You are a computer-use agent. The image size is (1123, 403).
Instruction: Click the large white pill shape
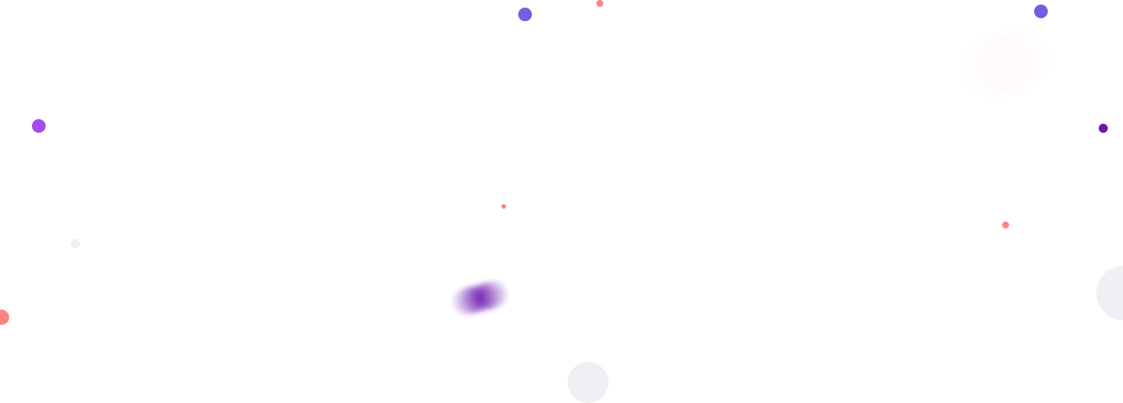[x=1006, y=63]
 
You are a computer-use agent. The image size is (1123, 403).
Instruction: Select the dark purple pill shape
[x=480, y=298]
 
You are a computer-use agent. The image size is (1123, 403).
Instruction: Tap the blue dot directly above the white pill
[x=1041, y=11]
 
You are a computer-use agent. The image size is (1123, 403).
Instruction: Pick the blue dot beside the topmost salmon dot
[x=525, y=14]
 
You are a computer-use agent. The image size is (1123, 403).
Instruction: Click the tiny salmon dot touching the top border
[x=599, y=3]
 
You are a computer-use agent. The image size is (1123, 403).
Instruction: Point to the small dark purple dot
[x=1103, y=128]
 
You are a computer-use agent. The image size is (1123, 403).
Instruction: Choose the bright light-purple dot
[x=39, y=126]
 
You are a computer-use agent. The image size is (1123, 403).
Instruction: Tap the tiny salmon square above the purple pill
[x=504, y=206]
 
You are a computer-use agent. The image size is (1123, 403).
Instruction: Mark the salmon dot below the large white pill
[x=1005, y=225]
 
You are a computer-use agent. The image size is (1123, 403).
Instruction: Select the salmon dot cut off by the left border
[x=3, y=317]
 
